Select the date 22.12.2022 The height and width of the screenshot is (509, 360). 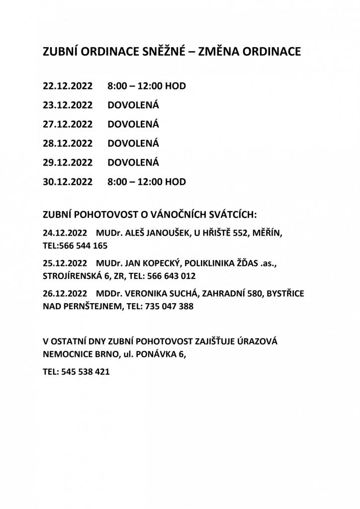tap(68, 86)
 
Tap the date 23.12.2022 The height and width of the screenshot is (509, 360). tap(68, 105)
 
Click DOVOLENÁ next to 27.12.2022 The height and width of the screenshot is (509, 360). tap(133, 124)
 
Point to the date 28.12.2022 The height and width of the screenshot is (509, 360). tap(68, 144)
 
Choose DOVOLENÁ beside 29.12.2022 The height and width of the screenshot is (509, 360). tap(133, 163)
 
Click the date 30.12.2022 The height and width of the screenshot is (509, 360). tap(68, 182)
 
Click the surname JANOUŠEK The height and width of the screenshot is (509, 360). tap(164, 233)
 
